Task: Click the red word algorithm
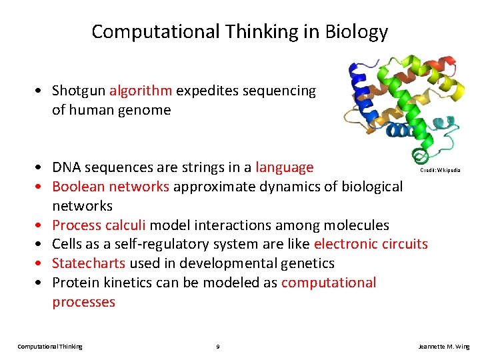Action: coord(141,91)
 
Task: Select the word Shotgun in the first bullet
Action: coord(79,91)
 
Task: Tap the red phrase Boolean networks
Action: coord(111,186)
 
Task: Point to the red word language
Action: coord(284,167)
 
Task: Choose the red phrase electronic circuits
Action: coord(371,244)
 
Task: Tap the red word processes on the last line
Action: coord(83,302)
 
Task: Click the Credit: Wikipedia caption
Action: coord(439,171)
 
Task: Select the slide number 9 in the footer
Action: coord(218,347)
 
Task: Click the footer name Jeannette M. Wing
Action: coord(443,347)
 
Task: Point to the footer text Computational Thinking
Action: coord(50,347)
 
